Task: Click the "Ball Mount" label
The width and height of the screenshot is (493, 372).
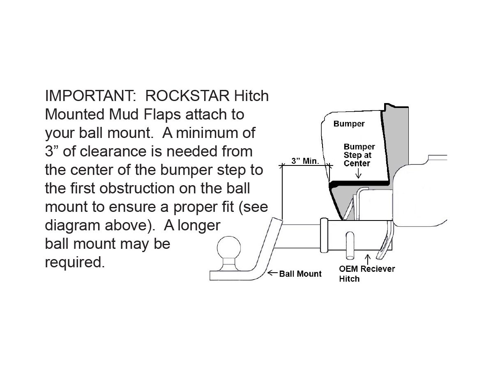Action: click(300, 274)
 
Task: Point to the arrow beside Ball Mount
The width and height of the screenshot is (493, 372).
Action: click(272, 273)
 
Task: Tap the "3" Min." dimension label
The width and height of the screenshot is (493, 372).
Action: click(305, 161)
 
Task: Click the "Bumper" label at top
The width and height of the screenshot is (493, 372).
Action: click(349, 124)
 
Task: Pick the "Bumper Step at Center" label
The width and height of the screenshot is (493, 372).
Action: click(359, 155)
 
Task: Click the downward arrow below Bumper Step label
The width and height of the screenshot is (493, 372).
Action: click(359, 174)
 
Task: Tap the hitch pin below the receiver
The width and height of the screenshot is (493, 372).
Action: click(350, 246)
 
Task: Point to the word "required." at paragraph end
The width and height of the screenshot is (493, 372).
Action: click(75, 262)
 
